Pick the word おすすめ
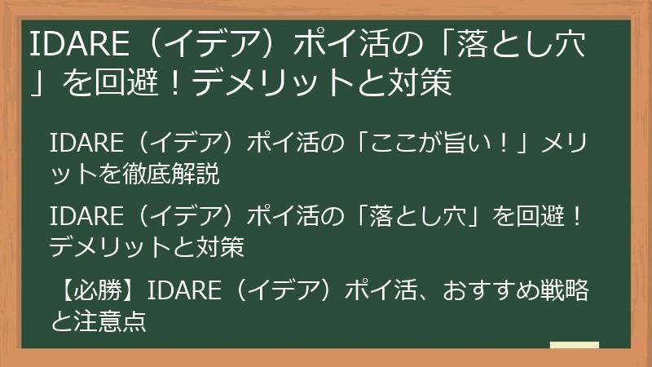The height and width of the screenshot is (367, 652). click(482, 291)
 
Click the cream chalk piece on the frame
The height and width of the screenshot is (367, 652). click(574, 346)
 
